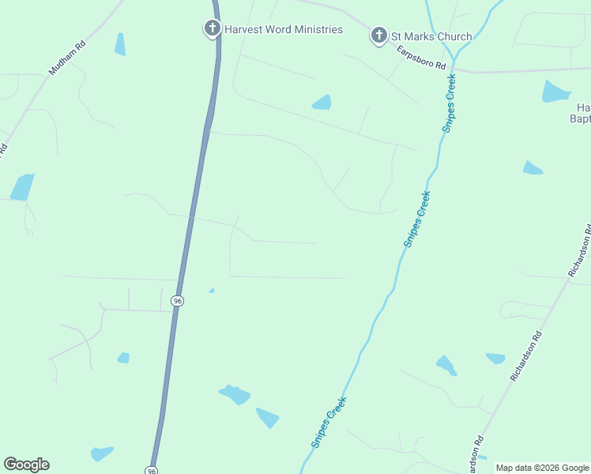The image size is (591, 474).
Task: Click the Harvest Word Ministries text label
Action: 283,29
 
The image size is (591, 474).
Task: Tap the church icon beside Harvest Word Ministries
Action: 212,29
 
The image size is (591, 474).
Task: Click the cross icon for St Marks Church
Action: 379,36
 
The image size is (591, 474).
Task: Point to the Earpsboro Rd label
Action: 421,55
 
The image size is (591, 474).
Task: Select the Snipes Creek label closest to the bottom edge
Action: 329,423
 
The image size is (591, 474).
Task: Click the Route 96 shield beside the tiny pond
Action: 178,301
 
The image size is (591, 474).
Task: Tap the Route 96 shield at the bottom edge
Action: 152,470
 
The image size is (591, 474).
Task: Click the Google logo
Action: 26,465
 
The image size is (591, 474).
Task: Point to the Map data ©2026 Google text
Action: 542,468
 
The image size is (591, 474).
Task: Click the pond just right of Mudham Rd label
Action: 120,45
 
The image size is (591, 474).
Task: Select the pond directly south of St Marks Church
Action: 322,102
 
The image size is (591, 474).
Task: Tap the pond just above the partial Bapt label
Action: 555,92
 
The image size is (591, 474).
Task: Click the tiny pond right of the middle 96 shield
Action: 212,291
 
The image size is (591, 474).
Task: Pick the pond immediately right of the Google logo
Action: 102,453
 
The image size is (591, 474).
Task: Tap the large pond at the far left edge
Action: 22,187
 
